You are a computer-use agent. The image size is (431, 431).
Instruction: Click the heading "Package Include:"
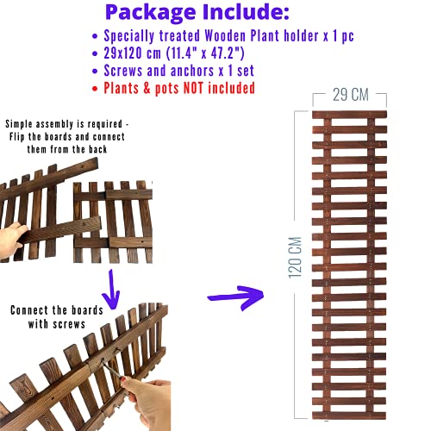coord(197,12)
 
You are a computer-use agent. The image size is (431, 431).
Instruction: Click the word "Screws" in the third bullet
coord(123,71)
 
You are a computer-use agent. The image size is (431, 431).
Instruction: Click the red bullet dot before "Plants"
coord(95,89)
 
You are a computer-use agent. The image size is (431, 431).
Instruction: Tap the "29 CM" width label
coord(351,95)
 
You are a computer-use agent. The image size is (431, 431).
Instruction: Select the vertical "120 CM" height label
coord(295,258)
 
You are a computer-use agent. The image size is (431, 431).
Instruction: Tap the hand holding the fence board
coord(12,239)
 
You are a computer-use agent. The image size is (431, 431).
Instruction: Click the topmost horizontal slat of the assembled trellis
coord(349,115)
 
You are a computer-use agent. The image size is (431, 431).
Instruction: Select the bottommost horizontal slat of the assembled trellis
coord(349,415)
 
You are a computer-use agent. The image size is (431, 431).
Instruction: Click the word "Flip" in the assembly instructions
coord(17,136)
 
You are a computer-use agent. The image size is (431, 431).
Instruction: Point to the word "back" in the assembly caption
coord(97,149)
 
